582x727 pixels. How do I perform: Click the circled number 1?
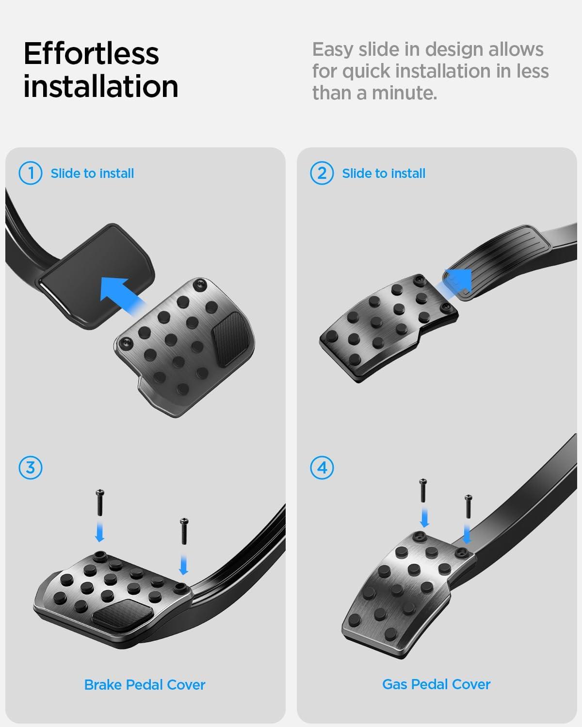pyautogui.click(x=31, y=174)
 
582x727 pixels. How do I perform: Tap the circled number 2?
pyautogui.click(x=322, y=174)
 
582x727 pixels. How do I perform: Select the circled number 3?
pyautogui.click(x=31, y=468)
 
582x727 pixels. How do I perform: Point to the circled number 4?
pyautogui.click(x=322, y=468)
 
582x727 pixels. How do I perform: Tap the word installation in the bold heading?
pyautogui.click(x=100, y=86)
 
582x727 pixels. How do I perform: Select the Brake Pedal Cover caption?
pyautogui.click(x=145, y=685)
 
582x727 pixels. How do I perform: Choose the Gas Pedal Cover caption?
pyautogui.click(x=436, y=684)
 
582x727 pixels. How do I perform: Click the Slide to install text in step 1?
pyautogui.click(x=92, y=174)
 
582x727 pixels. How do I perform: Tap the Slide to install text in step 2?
pyautogui.click(x=384, y=174)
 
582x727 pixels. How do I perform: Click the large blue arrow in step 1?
pyautogui.click(x=122, y=295)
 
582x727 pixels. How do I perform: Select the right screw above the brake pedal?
pyautogui.click(x=184, y=531)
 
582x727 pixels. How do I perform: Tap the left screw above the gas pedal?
pyautogui.click(x=423, y=490)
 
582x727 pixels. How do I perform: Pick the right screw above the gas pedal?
pyautogui.click(x=469, y=506)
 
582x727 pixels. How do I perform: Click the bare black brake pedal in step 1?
pyautogui.click(x=97, y=275)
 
